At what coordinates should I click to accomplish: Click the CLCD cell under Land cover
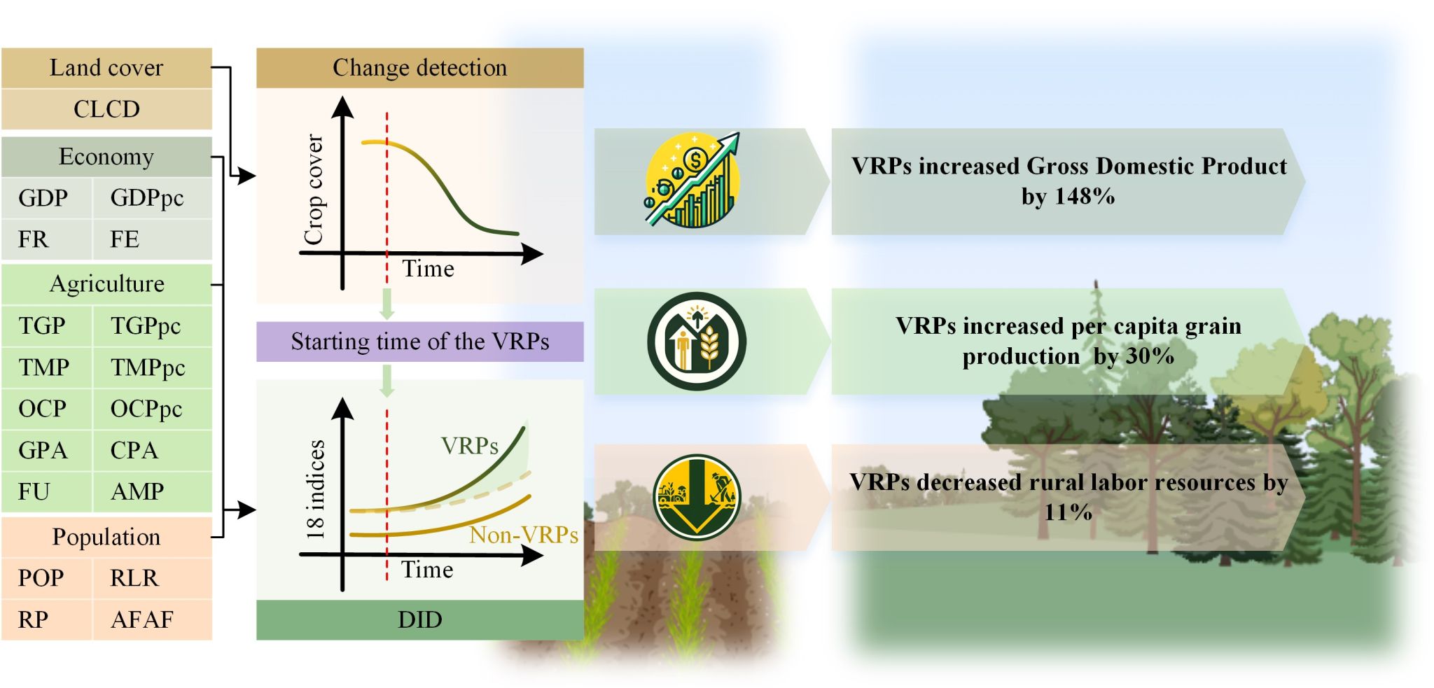[x=106, y=109]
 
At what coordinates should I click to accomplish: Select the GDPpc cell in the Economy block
[x=152, y=198]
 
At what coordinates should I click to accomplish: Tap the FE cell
[x=152, y=239]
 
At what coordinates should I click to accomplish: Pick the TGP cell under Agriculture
[x=46, y=325]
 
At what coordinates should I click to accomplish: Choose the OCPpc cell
[x=152, y=409]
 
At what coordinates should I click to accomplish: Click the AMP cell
[x=152, y=491]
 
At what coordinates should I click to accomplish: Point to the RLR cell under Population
[x=152, y=578]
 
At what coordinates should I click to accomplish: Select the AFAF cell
[x=152, y=619]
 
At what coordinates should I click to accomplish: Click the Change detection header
[x=419, y=68]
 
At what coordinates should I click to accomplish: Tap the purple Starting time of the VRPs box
[x=419, y=342]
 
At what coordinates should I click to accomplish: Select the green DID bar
[x=419, y=619]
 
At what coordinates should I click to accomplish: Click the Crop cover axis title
[x=314, y=190]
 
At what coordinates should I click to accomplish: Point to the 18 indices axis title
[x=315, y=489]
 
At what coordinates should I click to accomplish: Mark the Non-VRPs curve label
[x=523, y=535]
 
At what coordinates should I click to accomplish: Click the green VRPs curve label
[x=470, y=446]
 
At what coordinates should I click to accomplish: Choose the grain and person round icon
[x=697, y=342]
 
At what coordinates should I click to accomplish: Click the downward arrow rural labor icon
[x=697, y=498]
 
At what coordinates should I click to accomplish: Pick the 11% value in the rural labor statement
[x=1068, y=512]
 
